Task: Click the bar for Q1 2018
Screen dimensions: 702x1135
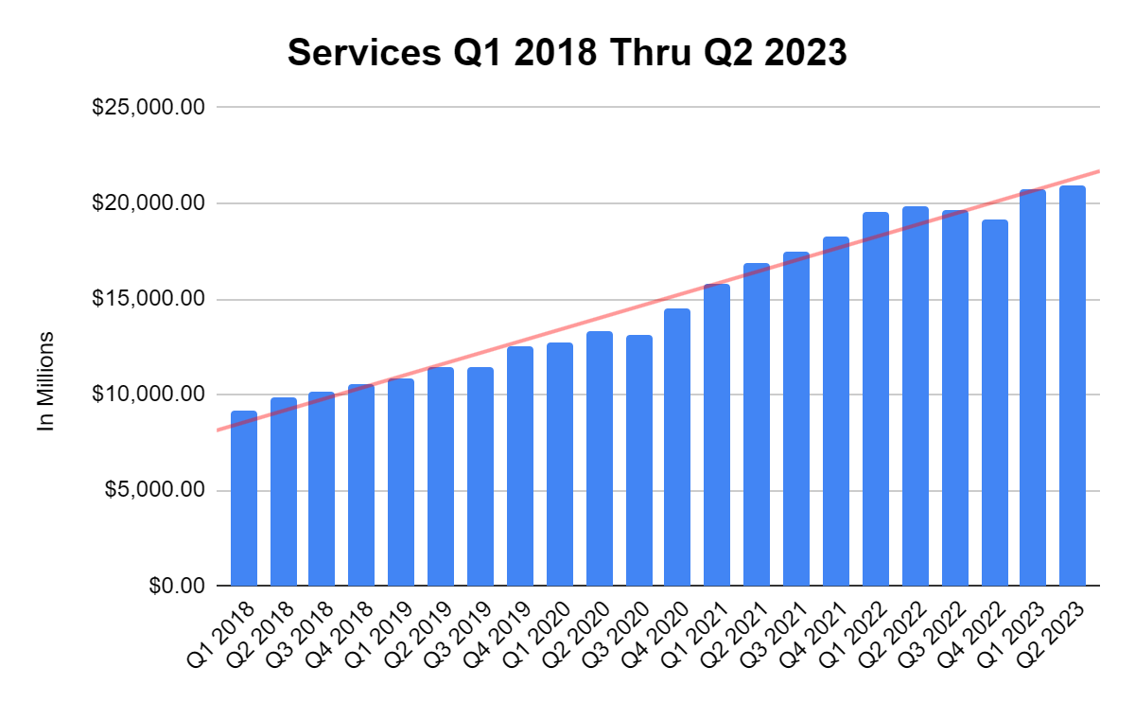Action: tap(244, 499)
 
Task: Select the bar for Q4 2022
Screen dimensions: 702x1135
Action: tap(994, 403)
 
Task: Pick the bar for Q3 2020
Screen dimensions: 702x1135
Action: tap(638, 461)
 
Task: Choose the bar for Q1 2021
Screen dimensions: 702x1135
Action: tap(717, 435)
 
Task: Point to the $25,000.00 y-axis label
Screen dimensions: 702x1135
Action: tap(148, 107)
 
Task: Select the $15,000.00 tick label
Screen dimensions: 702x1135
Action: tap(148, 299)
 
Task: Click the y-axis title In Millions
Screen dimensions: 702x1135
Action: tap(45, 381)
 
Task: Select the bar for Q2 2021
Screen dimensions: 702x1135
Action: tap(757, 425)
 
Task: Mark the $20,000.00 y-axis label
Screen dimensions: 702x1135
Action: tap(148, 203)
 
